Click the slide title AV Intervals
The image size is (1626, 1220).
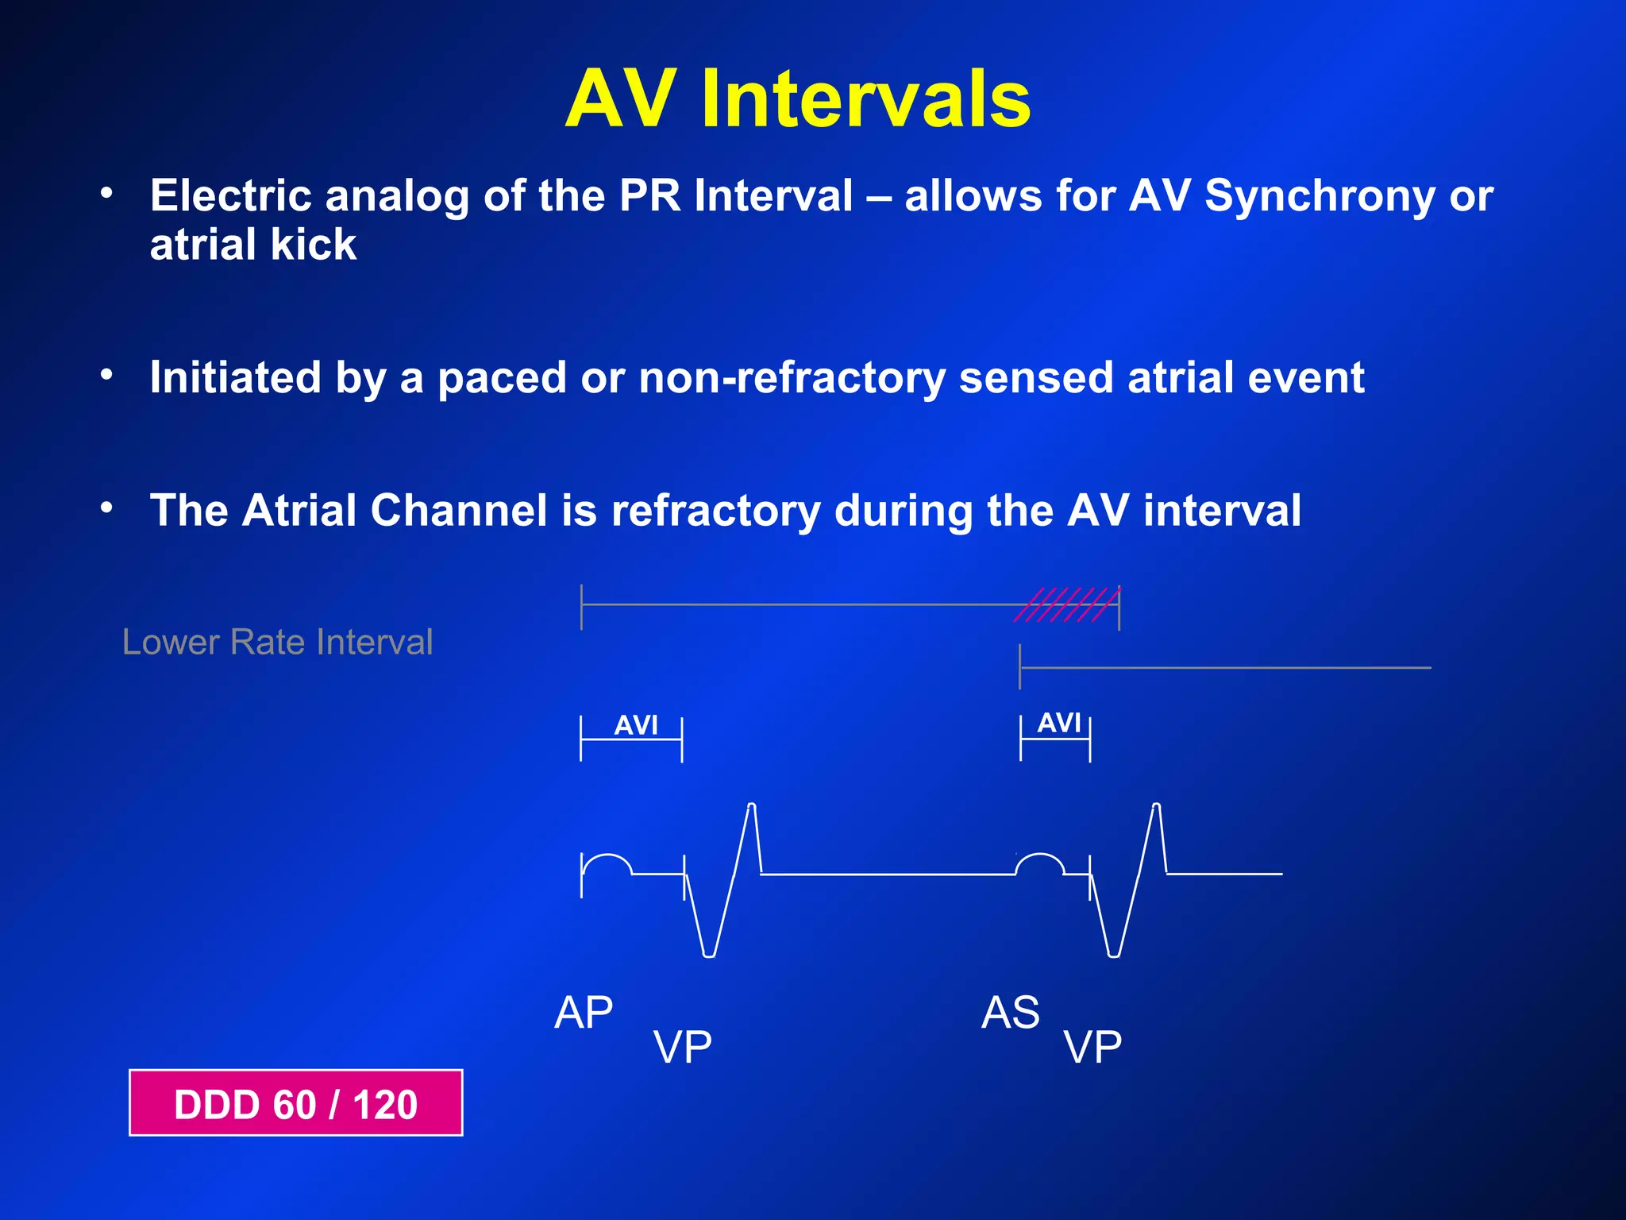click(797, 98)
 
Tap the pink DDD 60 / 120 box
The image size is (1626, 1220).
click(295, 1104)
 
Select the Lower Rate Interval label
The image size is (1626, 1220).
click(277, 642)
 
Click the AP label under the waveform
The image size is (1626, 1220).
click(584, 1013)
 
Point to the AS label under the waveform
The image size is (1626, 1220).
click(1010, 1013)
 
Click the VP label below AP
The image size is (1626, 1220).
click(682, 1047)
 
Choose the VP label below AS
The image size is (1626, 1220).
click(1092, 1047)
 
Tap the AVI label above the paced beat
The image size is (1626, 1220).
click(636, 725)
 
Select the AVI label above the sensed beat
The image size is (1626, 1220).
click(1059, 723)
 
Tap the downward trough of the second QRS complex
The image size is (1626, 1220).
click(1114, 953)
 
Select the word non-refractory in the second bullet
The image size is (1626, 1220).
click(792, 377)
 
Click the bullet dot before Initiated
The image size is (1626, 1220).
click(106, 374)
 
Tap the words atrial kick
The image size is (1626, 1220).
click(253, 245)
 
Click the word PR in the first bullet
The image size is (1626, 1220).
click(649, 195)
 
